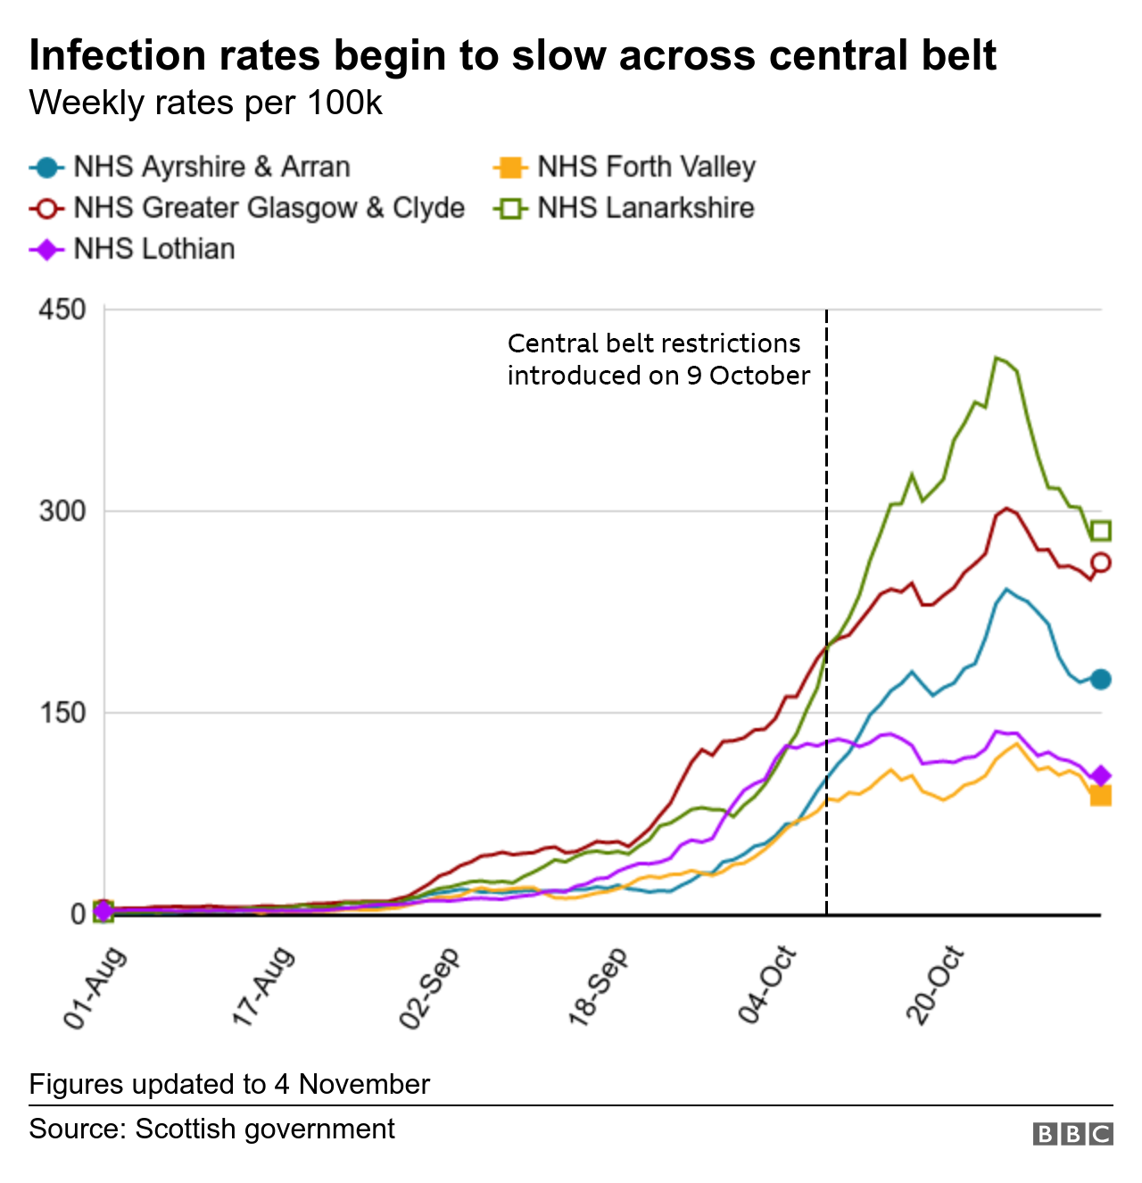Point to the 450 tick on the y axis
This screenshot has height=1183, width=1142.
(62, 310)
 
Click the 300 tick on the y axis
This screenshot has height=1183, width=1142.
(62, 511)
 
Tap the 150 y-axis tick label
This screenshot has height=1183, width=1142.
(62, 713)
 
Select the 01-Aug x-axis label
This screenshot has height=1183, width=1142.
(95, 989)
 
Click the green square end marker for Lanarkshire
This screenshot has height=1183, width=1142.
(1101, 531)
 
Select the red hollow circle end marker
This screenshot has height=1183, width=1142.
(1101, 562)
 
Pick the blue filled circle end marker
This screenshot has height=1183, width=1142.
(1101, 679)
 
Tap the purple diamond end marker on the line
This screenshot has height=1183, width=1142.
(1101, 775)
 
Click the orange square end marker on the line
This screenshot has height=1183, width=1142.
(1101, 796)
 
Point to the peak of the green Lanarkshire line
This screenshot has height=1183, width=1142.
(997, 358)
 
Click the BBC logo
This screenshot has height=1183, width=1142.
(1072, 1134)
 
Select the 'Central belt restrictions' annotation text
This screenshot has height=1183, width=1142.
(658, 360)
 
